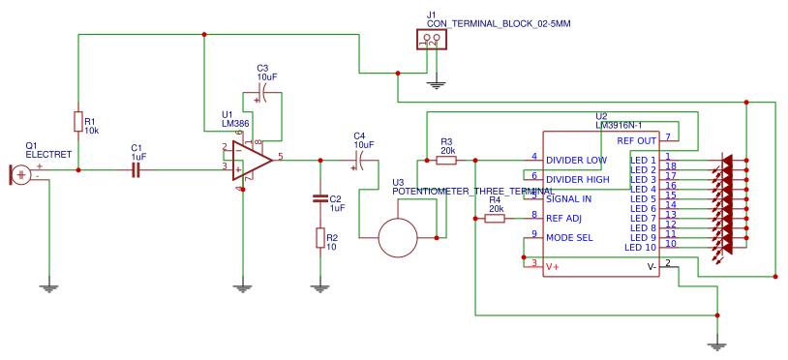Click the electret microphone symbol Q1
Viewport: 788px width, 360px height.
click(x=19, y=174)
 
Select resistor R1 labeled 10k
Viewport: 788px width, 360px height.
click(x=77, y=121)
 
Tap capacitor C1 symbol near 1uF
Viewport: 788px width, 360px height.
click(x=136, y=170)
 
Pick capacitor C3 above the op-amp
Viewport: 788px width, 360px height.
click(x=259, y=97)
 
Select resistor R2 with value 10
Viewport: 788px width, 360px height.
click(x=319, y=238)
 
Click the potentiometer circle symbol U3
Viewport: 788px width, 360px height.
click(x=397, y=237)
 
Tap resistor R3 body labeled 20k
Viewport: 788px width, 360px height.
click(x=446, y=161)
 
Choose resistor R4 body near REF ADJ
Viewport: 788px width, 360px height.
click(x=495, y=219)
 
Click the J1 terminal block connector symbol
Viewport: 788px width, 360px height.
click(x=430, y=40)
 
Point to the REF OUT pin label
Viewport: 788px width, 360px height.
click(x=636, y=141)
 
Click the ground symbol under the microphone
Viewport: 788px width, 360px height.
click(x=47, y=286)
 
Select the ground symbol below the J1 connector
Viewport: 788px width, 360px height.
click(x=437, y=85)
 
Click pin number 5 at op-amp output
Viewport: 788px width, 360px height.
click(x=280, y=155)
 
